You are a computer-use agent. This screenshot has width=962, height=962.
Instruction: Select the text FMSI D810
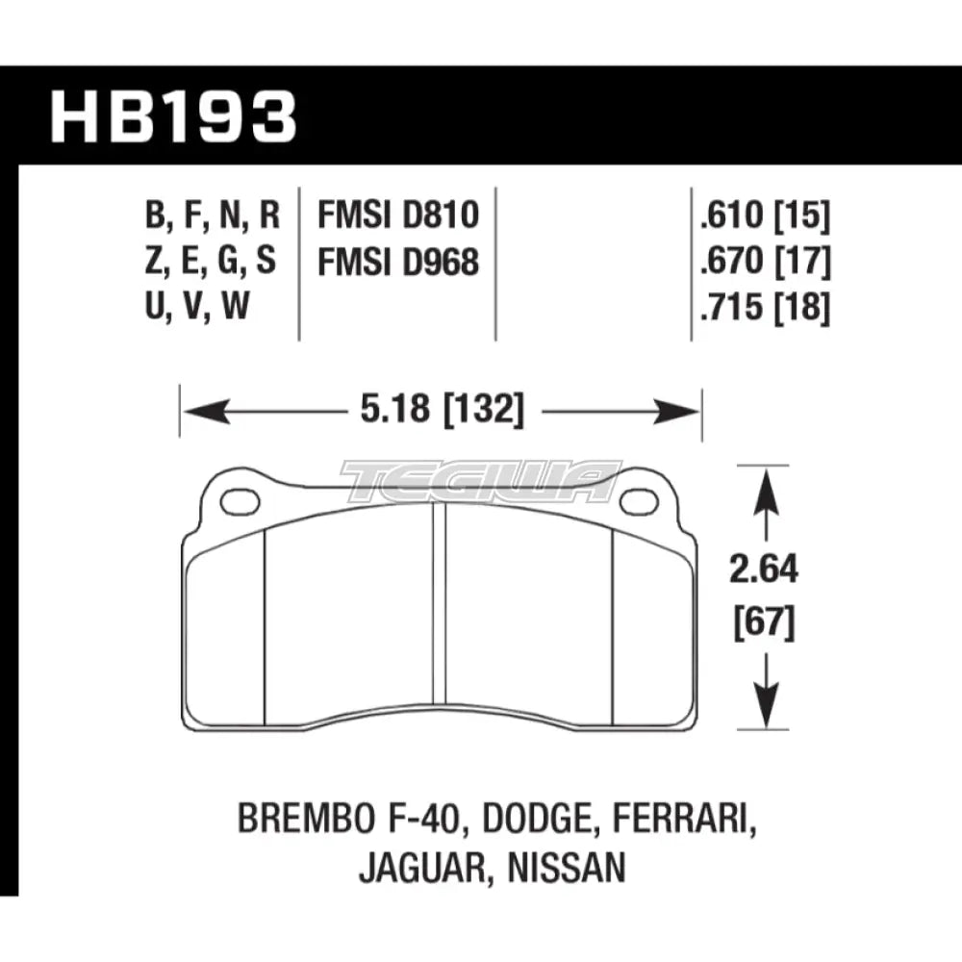click(x=397, y=216)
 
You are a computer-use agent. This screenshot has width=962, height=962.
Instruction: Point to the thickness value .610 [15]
click(x=766, y=216)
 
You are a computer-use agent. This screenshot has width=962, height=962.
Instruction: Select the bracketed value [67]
click(x=765, y=625)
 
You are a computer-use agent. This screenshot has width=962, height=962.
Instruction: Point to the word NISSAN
click(x=574, y=869)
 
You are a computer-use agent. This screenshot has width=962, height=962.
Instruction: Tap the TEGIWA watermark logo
click(x=481, y=482)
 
